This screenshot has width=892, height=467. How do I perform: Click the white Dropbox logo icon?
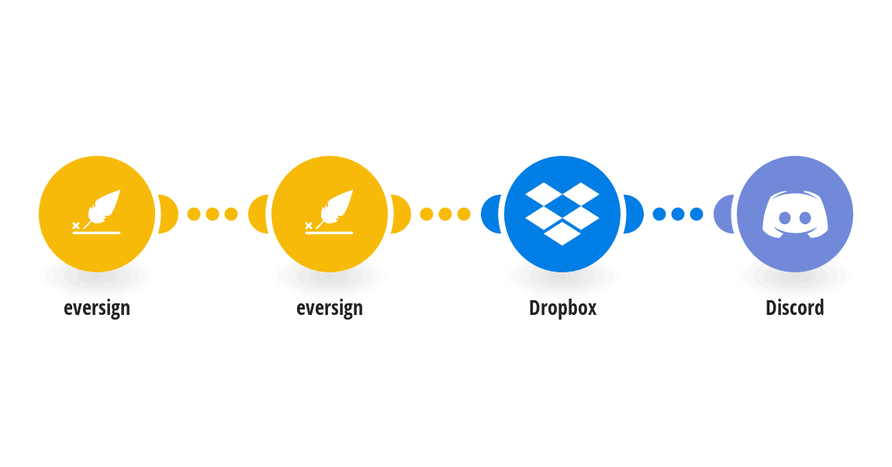pos(562,214)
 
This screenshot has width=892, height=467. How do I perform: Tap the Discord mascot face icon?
pos(795,214)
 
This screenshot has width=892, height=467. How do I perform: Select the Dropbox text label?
pos(562,308)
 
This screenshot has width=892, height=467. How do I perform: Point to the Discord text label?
pos(795,308)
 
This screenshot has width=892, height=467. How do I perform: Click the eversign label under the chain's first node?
pos(97,308)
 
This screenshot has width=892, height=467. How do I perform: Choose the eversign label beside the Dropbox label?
pos(330,308)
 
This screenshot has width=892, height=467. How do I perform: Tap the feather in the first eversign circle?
pos(103,206)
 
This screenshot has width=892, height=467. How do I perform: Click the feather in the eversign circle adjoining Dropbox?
pos(336,206)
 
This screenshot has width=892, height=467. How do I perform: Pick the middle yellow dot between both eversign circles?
pos(213,214)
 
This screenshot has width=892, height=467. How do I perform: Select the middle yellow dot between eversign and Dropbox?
pos(445,214)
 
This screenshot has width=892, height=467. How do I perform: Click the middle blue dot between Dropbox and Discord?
pos(678,214)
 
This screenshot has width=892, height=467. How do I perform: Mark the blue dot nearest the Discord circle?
pos(697,214)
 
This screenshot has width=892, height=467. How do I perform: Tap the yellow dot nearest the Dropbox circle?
pos(464,214)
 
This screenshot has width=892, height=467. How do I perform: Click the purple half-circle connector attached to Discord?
pos(723,214)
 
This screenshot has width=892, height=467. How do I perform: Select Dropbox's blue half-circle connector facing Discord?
pos(634,214)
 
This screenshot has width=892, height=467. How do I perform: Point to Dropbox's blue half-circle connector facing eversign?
pos(490,214)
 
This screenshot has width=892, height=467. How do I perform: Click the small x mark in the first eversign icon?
pos(76,226)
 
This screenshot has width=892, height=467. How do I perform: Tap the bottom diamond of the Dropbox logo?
pos(562,233)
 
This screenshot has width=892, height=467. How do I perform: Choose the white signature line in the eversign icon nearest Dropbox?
pos(329,233)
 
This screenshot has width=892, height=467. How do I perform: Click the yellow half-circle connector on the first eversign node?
pos(169,214)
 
